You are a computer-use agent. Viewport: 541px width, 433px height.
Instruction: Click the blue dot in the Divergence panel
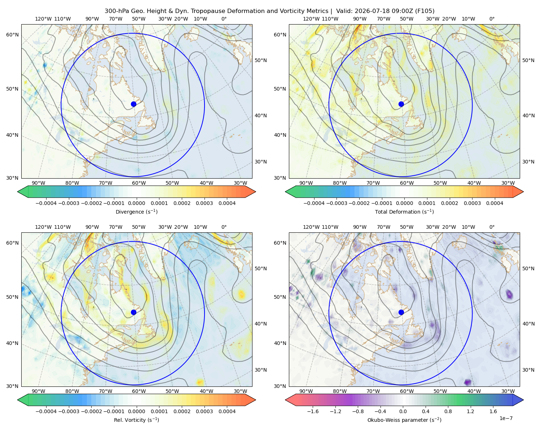133,104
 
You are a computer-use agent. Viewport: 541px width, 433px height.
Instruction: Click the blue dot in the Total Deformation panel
401,104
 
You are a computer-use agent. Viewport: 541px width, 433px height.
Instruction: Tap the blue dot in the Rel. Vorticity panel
133,312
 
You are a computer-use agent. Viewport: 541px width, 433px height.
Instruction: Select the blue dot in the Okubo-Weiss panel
401,312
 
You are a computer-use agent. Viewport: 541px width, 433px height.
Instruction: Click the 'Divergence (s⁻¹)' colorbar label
136,211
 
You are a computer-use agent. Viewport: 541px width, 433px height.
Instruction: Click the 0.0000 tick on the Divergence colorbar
136,203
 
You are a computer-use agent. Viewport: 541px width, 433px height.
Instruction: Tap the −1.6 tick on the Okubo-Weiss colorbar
313,411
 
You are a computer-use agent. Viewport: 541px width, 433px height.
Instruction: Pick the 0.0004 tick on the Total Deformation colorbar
494,203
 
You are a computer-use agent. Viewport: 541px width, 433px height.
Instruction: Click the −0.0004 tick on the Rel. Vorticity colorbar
46,411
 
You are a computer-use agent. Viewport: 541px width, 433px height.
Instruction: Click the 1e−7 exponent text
506,418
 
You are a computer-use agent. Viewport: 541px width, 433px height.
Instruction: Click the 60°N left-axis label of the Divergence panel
12,35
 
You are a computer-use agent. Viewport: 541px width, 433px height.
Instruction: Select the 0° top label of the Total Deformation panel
492,19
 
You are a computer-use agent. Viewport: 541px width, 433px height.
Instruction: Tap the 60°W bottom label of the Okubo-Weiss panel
407,391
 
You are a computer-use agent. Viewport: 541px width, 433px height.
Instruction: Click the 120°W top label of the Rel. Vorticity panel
43,227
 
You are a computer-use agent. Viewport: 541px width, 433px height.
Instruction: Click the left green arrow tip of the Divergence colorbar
18,192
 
